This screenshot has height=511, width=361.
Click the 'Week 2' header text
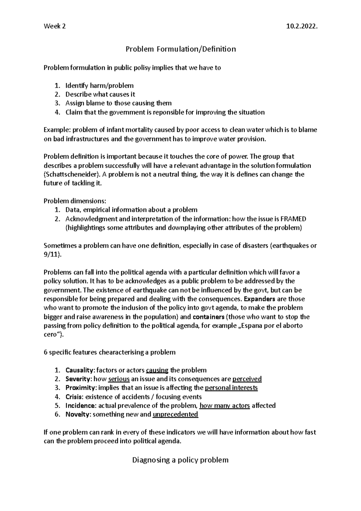click(54, 26)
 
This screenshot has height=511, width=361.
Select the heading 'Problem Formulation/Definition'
click(180, 49)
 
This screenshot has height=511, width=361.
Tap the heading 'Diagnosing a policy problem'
click(180, 460)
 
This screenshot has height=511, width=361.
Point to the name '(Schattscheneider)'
click(72, 174)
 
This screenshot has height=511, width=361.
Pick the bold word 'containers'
click(208, 317)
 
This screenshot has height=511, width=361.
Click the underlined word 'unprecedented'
click(175, 414)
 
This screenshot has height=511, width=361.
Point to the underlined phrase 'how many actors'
click(225, 405)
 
